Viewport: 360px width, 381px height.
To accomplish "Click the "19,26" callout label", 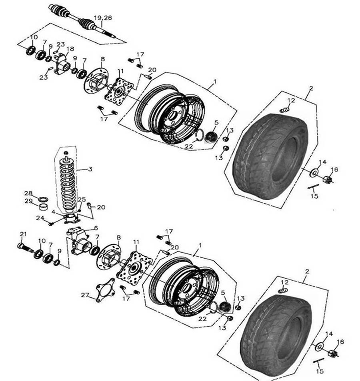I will [x=103, y=18].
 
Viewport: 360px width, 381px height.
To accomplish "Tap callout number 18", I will [x=70, y=49].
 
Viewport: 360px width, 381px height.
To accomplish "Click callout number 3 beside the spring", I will [x=90, y=169].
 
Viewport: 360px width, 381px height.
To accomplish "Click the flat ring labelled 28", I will [x=43, y=199].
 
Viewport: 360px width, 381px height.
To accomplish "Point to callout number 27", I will [x=84, y=295].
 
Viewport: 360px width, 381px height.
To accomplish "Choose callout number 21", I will [x=23, y=234].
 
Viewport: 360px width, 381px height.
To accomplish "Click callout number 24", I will [x=39, y=218].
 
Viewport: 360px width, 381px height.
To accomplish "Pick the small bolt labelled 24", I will [x=52, y=223].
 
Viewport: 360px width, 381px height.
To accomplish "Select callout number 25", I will [x=81, y=199].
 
